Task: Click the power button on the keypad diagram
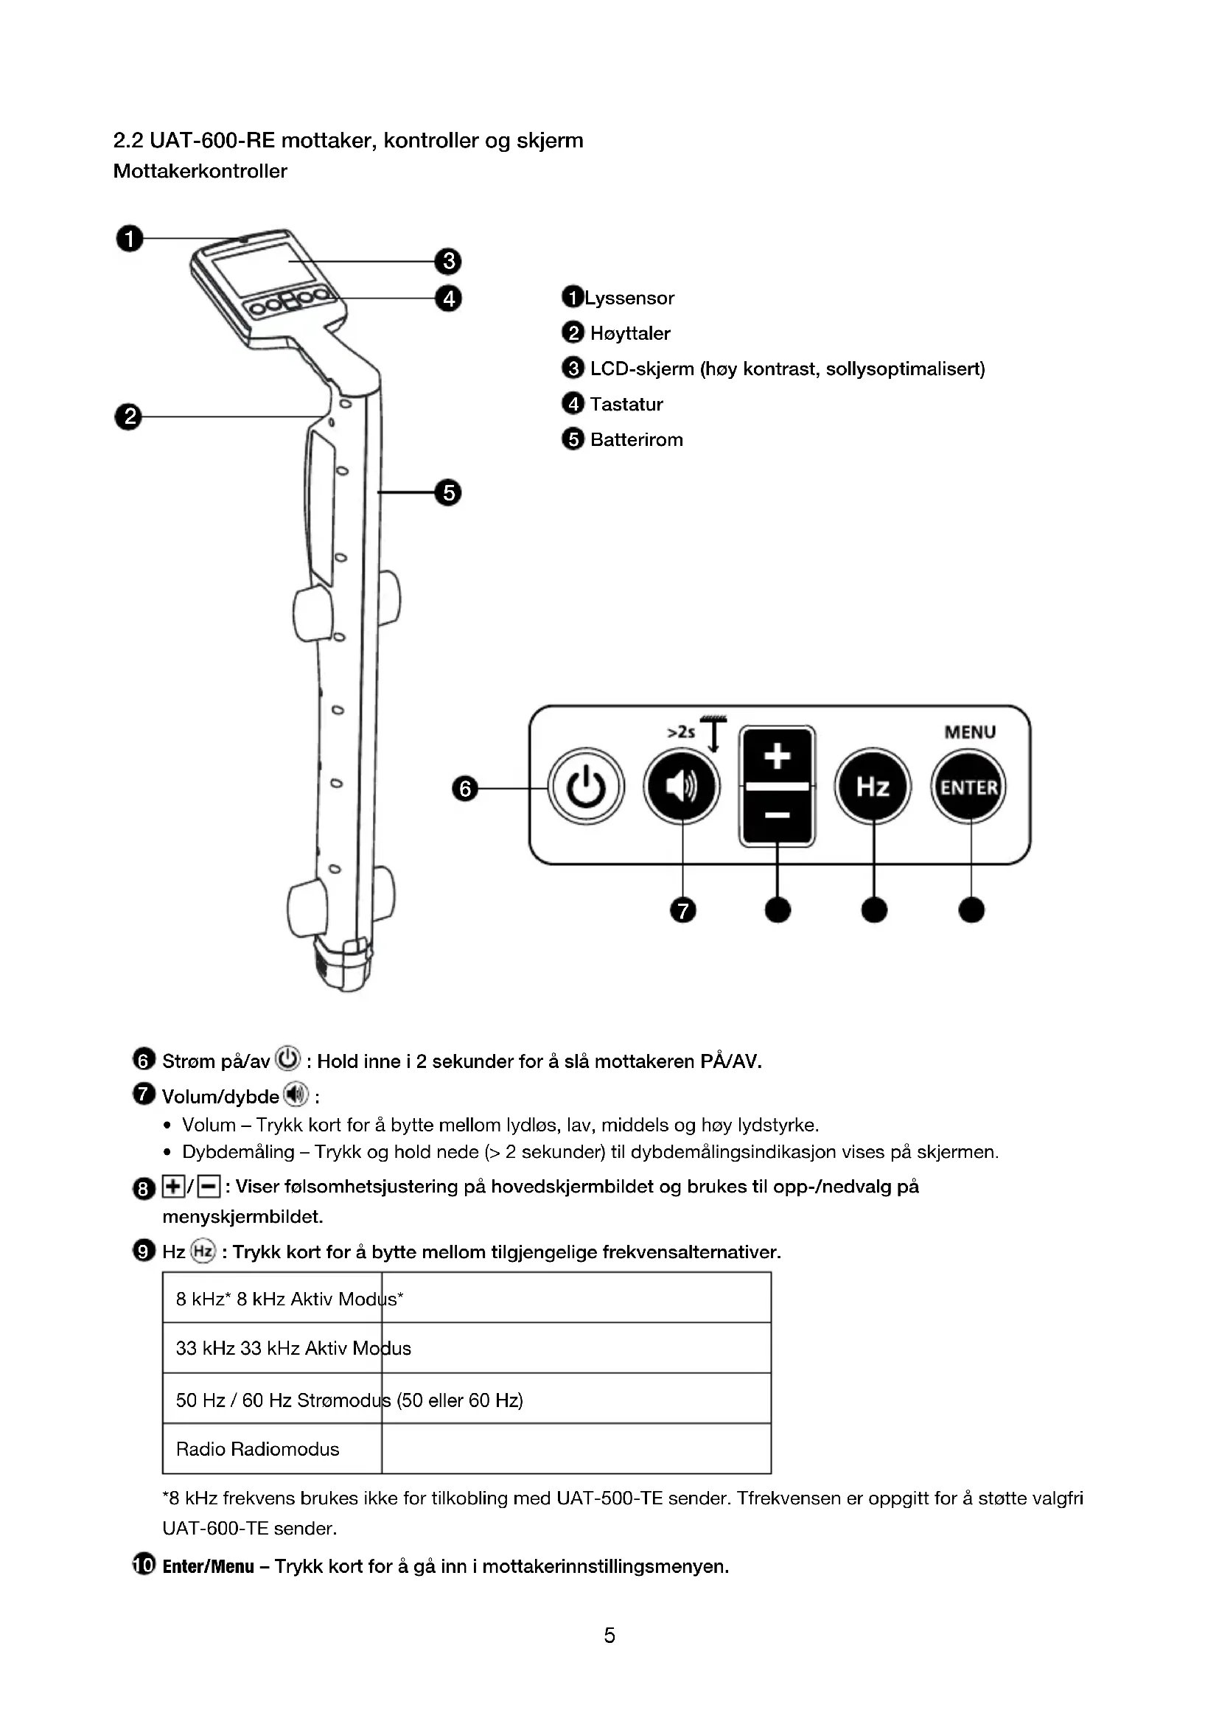pos(585,787)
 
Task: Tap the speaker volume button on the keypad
pos(682,787)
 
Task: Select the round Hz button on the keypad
pos(873,787)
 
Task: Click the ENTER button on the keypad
pos(969,787)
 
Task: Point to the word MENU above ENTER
pos(970,732)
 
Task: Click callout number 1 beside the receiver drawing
pos(129,239)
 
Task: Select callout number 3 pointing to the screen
pos(448,262)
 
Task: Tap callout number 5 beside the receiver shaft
pos(448,492)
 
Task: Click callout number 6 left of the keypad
pos(464,789)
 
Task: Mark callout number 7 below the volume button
pos(682,911)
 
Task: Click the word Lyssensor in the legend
pos(629,298)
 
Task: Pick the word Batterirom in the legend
pos(637,439)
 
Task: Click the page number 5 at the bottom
pos(609,1636)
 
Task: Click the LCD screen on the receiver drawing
pos(254,269)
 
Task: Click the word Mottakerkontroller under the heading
pos(200,171)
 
